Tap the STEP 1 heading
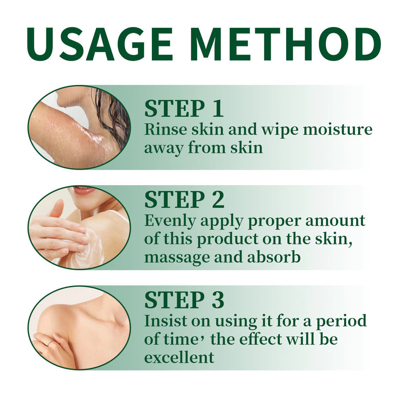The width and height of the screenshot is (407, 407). [x=184, y=109]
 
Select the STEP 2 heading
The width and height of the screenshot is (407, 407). [x=184, y=200]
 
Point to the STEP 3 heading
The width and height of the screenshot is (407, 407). [x=184, y=300]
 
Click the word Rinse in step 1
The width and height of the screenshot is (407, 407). [x=162, y=130]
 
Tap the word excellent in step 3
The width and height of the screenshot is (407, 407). [x=178, y=357]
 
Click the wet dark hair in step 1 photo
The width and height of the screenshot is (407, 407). [x=113, y=115]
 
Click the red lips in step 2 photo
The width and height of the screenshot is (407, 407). [x=83, y=190]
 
